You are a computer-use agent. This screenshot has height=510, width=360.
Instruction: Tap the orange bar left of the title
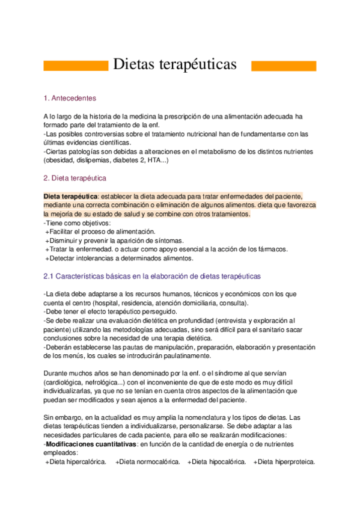click(76, 65)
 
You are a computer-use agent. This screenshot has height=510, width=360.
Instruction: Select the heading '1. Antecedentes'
click(70, 98)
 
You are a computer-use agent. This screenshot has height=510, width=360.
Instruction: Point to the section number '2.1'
click(49, 276)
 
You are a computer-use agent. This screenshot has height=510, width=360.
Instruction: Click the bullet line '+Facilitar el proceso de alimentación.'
click(100, 232)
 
